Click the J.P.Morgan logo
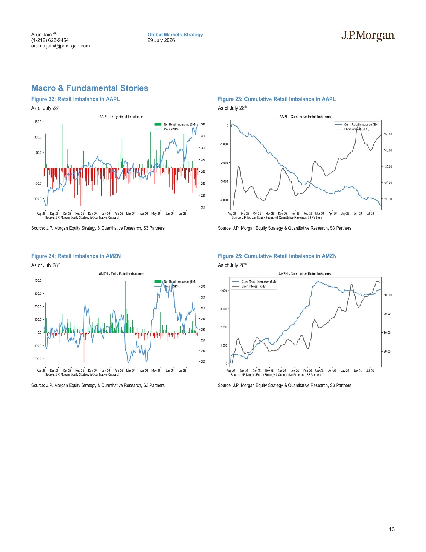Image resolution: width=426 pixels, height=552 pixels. [368, 36]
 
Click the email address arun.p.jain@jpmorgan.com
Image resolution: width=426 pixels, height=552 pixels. [60, 46]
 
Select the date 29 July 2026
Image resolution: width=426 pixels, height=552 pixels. [161, 40]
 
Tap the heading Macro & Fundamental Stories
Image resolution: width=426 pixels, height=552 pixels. [90, 88]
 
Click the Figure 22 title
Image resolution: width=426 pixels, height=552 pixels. [75, 99]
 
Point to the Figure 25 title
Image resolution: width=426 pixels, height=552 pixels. [277, 256]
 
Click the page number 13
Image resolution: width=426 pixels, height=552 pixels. [391, 529]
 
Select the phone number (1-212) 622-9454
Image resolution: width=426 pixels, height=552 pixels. [50, 40]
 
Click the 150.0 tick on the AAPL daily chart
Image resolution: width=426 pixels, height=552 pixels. [38, 122]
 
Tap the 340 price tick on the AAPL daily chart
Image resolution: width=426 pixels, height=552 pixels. [203, 124]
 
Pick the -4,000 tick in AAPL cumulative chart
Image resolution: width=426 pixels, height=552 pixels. [224, 200]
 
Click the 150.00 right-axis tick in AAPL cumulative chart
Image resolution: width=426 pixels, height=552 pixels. [388, 134]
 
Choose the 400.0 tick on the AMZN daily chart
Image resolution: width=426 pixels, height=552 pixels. [38, 280]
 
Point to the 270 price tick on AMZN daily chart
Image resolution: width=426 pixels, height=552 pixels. [203, 287]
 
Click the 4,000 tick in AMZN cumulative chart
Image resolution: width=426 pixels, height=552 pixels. [224, 291]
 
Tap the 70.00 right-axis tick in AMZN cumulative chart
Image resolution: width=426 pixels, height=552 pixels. [387, 352]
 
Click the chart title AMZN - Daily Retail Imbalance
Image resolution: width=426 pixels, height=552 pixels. [121, 274]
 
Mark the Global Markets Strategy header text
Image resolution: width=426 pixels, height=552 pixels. [175, 35]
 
